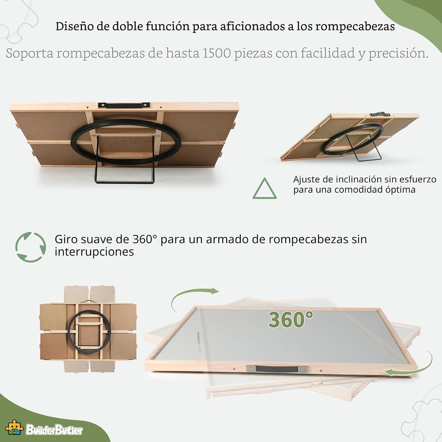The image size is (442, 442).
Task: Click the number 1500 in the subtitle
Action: point(216,53)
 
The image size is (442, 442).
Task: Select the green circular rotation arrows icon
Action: point(30,247)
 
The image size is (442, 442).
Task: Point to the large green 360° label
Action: point(290,319)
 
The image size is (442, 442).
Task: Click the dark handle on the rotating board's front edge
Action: point(277,369)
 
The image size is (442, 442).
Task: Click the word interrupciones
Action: point(94,252)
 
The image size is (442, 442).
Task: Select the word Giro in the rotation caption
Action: point(66,239)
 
